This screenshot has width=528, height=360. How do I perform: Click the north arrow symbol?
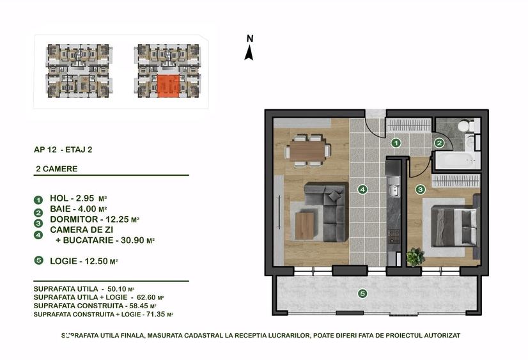point(249,52)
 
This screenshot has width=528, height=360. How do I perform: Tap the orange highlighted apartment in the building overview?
point(168,86)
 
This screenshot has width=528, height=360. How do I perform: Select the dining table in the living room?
point(307,150)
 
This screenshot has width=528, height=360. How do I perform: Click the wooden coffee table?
point(304,226)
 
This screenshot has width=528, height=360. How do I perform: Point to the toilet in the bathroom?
point(467,126)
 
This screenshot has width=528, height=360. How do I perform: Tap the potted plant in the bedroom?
point(415,257)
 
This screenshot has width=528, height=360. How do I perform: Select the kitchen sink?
point(393,187)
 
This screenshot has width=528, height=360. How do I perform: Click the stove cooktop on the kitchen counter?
point(394,236)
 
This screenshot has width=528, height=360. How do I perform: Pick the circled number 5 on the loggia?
point(362,293)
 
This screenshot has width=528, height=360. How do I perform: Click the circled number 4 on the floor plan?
point(362,190)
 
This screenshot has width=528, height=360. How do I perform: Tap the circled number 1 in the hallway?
point(396,143)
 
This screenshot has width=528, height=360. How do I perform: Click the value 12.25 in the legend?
point(117,219)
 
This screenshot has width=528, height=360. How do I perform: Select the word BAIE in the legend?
point(61,209)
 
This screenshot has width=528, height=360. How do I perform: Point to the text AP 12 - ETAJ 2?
point(63,150)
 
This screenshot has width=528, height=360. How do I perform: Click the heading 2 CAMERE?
point(56,169)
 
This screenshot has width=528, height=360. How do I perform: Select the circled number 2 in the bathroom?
point(439,143)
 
